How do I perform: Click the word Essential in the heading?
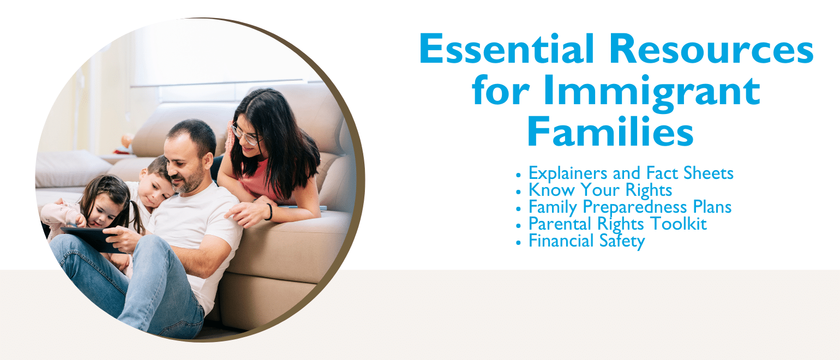coord(507,49)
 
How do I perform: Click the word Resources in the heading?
coord(711,49)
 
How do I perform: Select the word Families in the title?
coord(610,131)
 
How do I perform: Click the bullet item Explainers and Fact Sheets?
coord(631,173)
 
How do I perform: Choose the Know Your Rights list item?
coord(600,190)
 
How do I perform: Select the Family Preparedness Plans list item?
coord(630,207)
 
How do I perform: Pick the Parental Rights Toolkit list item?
coord(617,224)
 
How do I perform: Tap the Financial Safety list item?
coord(586,241)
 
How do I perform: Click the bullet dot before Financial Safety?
coord(518,243)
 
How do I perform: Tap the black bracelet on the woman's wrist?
coord(269,212)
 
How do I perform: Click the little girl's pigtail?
coord(136,218)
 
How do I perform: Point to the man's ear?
coord(208,161)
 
